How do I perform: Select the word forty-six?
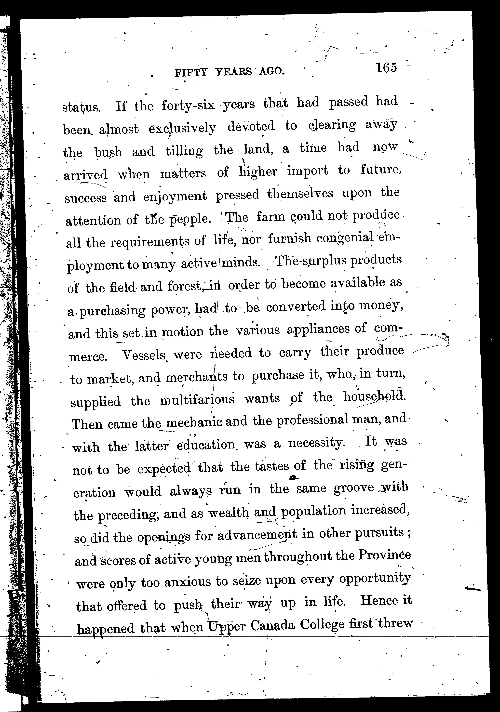[x=188, y=105]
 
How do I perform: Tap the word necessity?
[x=316, y=443]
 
